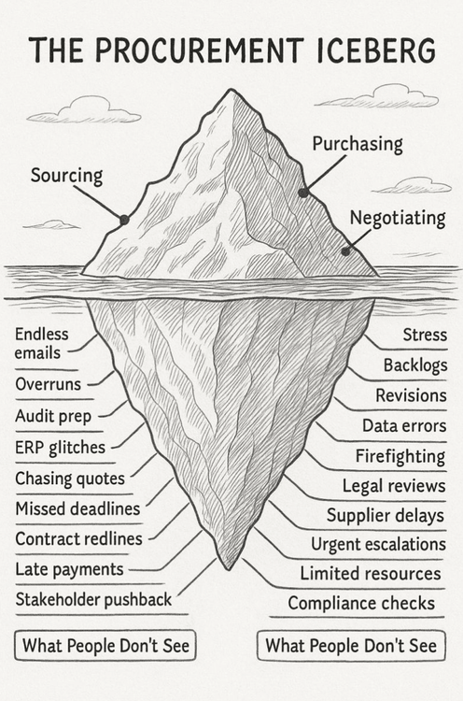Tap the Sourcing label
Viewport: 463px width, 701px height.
pyautogui.click(x=66, y=176)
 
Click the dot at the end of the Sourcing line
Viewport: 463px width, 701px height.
pyautogui.click(x=124, y=220)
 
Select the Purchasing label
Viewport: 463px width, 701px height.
pyautogui.click(x=358, y=144)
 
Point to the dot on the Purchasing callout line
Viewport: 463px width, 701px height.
pyautogui.click(x=303, y=193)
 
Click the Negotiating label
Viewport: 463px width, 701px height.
pyautogui.click(x=398, y=218)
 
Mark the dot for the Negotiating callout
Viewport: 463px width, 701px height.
pyautogui.click(x=345, y=251)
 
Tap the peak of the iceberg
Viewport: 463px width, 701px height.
pyautogui.click(x=231, y=90)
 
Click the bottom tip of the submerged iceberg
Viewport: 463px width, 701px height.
pyautogui.click(x=229, y=568)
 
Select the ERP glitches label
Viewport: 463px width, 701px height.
pyautogui.click(x=60, y=448)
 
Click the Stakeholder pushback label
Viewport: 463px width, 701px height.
pyautogui.click(x=93, y=599)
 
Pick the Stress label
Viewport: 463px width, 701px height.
pyautogui.click(x=425, y=335)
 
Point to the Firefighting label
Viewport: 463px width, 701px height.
pyautogui.click(x=400, y=456)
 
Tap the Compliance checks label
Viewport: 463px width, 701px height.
pyautogui.click(x=361, y=604)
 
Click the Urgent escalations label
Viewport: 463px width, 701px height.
pyautogui.click(x=378, y=545)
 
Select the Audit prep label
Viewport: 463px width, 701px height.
pyautogui.click(x=53, y=416)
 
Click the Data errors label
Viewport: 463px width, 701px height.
pyautogui.click(x=404, y=425)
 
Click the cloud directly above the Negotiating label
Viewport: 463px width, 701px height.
pyautogui.click(x=412, y=186)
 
